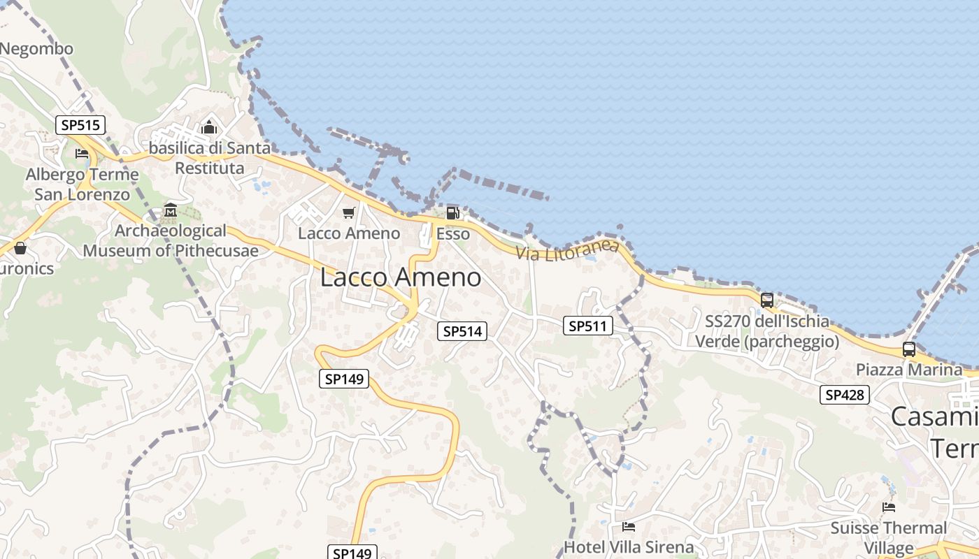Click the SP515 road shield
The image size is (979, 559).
[80, 125]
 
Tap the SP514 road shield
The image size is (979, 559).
[462, 331]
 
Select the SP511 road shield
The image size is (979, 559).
[588, 326]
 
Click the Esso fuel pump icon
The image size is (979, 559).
[452, 213]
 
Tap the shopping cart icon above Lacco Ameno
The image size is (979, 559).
[348, 212]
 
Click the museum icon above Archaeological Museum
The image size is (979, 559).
[170, 210]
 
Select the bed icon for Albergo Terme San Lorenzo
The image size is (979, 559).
[82, 154]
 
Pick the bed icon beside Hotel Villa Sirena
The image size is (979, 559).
[629, 526]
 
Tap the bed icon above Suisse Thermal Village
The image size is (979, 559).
[888, 507]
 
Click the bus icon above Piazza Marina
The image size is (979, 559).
[908, 349]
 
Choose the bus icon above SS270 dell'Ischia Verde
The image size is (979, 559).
[767, 300]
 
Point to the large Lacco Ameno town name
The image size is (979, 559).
[401, 277]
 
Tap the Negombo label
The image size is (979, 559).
[36, 49]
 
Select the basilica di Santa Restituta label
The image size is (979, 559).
[210, 158]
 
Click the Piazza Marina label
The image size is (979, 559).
[909, 370]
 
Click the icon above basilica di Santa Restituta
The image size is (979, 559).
[209, 128]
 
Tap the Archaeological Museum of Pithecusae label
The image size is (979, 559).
[171, 240]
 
